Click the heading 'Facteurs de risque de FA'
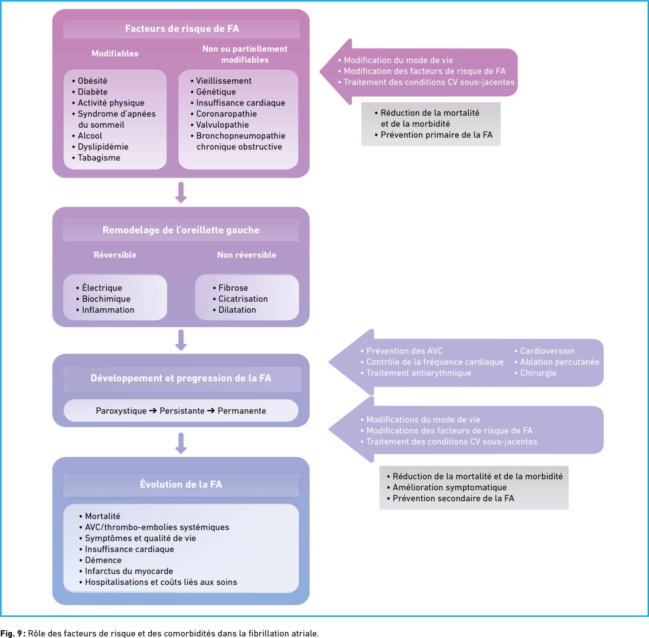pyautogui.click(x=182, y=29)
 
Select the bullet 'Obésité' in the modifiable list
pyautogui.click(x=92, y=81)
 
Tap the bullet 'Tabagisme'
pyautogui.click(x=99, y=158)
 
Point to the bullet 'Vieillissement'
pyautogui.click(x=224, y=81)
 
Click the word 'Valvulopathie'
pyautogui.click(x=222, y=125)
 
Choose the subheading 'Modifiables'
pyautogui.click(x=115, y=54)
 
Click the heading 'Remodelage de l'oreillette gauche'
pyautogui.click(x=181, y=230)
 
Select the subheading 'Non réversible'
pyautogui.click(x=247, y=255)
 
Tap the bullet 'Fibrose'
pyautogui.click(x=233, y=288)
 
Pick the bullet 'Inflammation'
pyautogui.click(x=108, y=310)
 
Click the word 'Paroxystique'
pyautogui.click(x=121, y=411)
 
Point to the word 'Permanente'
pyautogui.click(x=242, y=411)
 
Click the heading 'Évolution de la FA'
pyautogui.click(x=181, y=485)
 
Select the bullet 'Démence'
pyautogui.click(x=103, y=560)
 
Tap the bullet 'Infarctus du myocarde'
pyautogui.click(x=129, y=571)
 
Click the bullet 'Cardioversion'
pyautogui.click(x=547, y=351)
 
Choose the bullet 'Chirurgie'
pyautogui.click(x=538, y=373)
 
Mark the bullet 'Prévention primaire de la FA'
pyautogui.click(x=436, y=135)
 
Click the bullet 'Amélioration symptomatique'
pyautogui.click(x=450, y=488)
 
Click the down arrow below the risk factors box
pyautogui.click(x=181, y=193)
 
